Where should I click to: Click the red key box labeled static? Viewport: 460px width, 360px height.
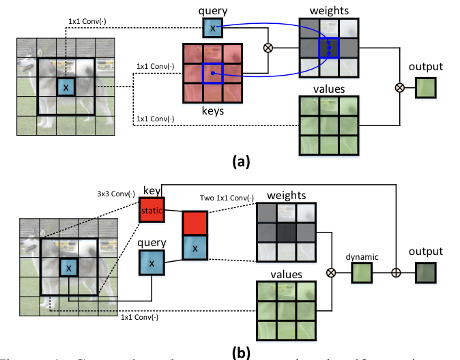coord(151,210)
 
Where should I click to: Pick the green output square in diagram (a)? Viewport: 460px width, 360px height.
coord(424,88)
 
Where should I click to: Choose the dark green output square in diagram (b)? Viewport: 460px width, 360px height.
coord(424,273)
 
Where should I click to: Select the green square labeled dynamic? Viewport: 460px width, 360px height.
coord(361,273)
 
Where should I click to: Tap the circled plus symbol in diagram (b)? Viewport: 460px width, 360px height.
coord(394,273)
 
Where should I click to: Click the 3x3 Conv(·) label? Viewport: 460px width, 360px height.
coord(116,193)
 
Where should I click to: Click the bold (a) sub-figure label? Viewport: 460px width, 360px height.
coord(241,162)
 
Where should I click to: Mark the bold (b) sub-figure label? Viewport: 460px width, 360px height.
coord(241,352)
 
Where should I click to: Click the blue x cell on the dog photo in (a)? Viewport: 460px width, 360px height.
coord(65,88)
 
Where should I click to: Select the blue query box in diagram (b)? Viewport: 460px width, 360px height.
coord(152,262)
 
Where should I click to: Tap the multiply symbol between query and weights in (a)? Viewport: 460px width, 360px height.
coord(268,48)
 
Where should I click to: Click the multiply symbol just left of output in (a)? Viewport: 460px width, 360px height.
coord(399,88)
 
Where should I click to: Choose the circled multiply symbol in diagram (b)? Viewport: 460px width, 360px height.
coord(332,273)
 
